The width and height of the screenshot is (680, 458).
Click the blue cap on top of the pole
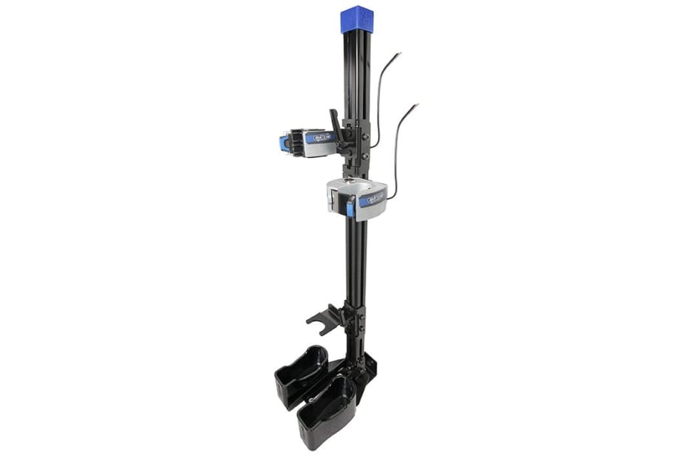click(x=356, y=18)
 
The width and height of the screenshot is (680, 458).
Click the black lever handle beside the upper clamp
click(x=336, y=124)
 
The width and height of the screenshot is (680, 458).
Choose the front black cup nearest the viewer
click(x=326, y=412)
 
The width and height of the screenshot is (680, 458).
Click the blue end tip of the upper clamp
click(x=284, y=143)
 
